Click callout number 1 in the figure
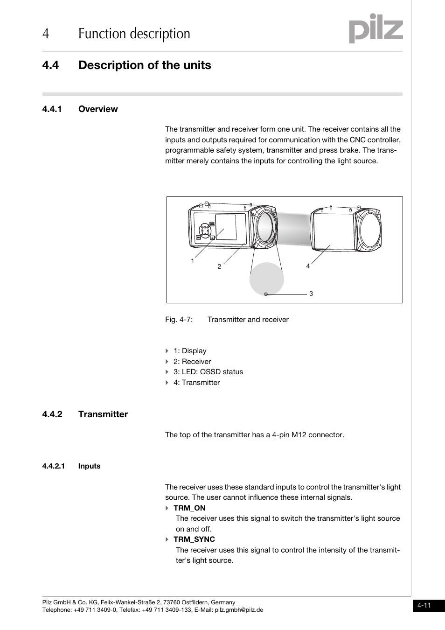click(192, 261)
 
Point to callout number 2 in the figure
click(219, 266)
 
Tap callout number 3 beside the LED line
click(311, 294)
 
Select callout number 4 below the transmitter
click(308, 266)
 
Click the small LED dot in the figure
click(266, 294)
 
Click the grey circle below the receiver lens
click(266, 279)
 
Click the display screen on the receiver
click(226, 227)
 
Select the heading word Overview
click(98, 109)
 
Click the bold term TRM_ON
click(189, 508)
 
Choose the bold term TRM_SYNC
click(194, 539)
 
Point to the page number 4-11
click(424, 606)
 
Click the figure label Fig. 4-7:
click(179, 320)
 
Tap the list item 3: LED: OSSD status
click(208, 372)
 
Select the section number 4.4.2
click(52, 414)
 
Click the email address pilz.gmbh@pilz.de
click(239, 610)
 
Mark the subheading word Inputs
click(89, 466)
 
